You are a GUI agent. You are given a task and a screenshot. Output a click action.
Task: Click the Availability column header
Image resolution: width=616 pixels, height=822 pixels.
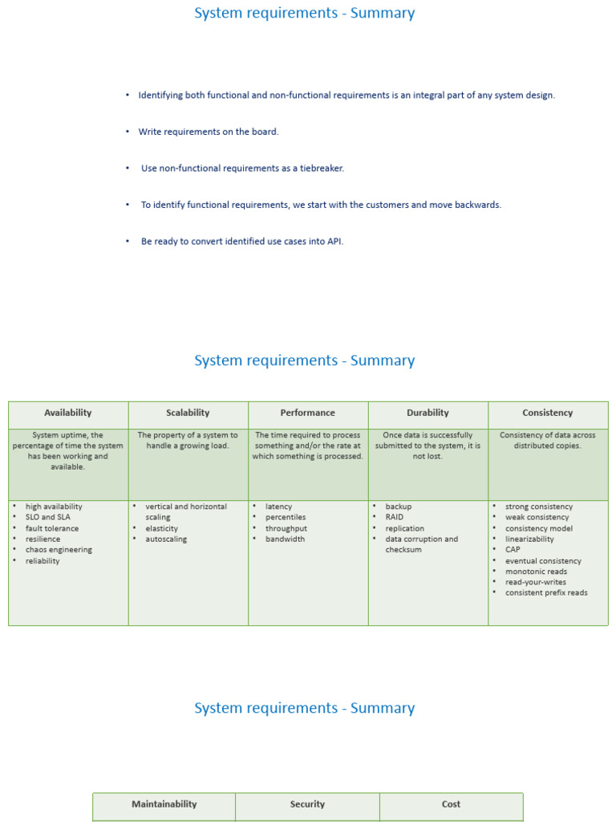pos(68,413)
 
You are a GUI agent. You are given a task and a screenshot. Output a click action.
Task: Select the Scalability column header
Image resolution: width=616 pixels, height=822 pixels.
pos(188,413)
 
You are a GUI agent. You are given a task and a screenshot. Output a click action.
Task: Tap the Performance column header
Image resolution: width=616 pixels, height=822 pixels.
pos(308,413)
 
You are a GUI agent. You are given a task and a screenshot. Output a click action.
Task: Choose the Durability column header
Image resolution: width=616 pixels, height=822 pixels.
pos(428,413)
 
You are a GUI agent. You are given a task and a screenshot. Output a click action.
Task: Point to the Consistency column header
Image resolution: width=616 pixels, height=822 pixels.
pos(548,413)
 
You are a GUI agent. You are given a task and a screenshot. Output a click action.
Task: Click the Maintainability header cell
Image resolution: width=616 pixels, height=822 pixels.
pos(164,804)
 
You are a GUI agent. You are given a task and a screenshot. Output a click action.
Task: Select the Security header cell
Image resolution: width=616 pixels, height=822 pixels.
pos(308,804)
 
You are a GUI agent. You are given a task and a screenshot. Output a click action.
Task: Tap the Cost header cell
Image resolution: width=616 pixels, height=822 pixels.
pos(451,804)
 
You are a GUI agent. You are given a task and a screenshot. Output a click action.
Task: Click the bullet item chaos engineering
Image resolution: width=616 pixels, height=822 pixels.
pos(59,550)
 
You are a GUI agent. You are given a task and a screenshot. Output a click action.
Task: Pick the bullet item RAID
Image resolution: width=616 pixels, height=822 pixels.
pos(395,517)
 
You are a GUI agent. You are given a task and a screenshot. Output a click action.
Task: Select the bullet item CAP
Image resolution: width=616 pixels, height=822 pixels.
pos(513,550)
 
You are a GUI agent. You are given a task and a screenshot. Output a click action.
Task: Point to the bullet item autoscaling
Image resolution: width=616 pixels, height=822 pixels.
pos(166,539)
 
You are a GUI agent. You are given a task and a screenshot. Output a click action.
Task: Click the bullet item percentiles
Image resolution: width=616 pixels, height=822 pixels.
pos(286,517)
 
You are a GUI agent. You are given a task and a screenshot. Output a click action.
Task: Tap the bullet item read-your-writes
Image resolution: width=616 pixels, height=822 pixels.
pos(536,582)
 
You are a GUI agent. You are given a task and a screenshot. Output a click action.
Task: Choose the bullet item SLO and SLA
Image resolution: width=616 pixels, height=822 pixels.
pos(48,517)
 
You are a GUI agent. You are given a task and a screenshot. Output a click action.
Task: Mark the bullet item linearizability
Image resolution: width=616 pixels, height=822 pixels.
pos(529,539)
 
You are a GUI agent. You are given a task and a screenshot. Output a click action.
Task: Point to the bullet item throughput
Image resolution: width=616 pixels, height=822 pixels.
pos(286,528)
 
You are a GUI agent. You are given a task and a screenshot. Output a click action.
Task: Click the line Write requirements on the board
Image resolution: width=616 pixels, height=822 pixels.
pos(209,132)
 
